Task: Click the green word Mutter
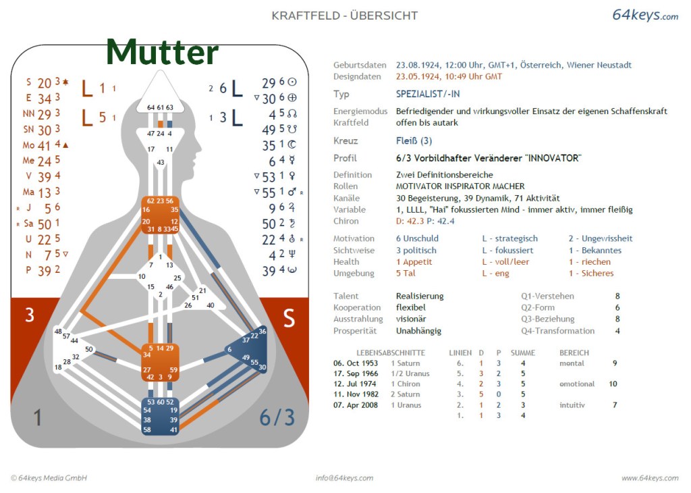tap(162, 52)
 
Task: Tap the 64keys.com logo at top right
tap(644, 15)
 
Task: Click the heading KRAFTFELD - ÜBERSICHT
tap(345, 16)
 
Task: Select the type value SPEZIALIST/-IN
tap(428, 94)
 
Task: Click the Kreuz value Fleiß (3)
tap(414, 141)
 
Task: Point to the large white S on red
tap(289, 319)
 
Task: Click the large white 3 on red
tap(30, 315)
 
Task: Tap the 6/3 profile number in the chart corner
tap(277, 418)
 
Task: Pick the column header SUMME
tap(523, 353)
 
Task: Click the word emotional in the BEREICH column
tap(577, 384)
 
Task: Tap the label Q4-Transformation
tap(557, 331)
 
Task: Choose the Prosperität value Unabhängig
tap(418, 331)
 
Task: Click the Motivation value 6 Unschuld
tap(417, 238)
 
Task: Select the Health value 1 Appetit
tap(415, 261)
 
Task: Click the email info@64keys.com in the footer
tap(344, 478)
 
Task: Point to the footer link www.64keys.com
tap(650, 478)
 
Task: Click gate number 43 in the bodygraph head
tap(161, 163)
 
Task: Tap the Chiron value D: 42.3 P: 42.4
tap(425, 221)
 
